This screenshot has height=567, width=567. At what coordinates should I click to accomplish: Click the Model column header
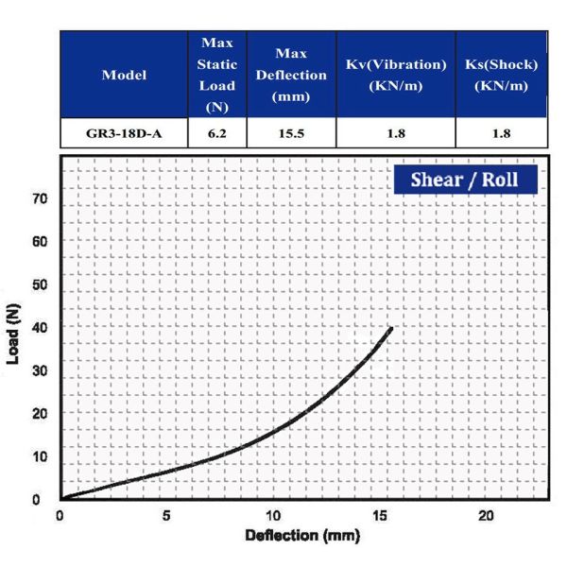(124, 76)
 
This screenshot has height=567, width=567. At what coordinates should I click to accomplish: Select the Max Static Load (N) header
(217, 76)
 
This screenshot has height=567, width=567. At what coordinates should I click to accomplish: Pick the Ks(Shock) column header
(502, 75)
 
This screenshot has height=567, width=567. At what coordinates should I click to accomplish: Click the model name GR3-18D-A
(124, 133)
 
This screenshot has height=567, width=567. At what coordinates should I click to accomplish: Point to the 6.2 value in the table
(217, 133)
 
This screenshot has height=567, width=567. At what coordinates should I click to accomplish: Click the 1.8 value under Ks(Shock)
(502, 133)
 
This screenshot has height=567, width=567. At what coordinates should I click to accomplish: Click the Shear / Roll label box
(465, 179)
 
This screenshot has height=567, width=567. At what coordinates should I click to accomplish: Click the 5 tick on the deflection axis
(166, 516)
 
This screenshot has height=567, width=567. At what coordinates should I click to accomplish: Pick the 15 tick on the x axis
(379, 516)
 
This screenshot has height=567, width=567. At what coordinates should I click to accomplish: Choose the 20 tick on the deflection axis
(486, 516)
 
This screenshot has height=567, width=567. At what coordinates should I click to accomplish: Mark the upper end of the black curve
(390, 329)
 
